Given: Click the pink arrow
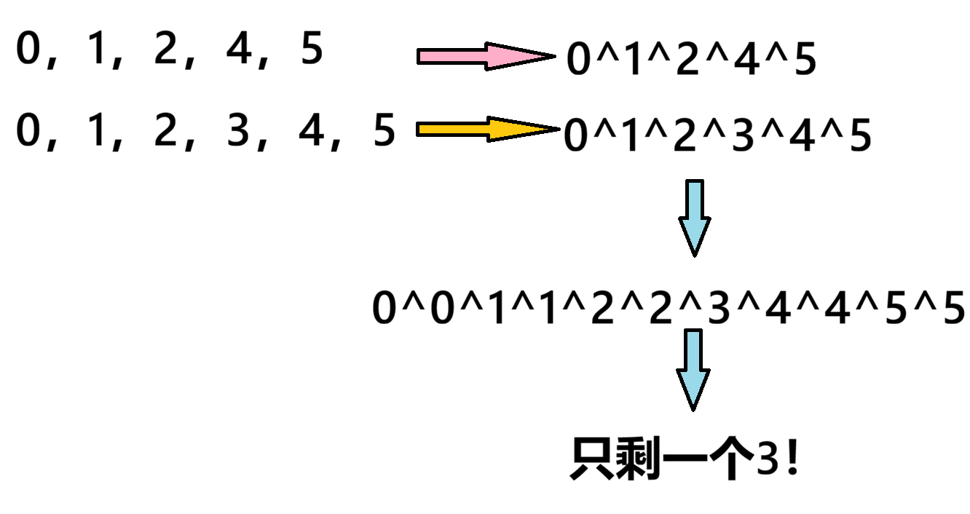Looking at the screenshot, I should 473,56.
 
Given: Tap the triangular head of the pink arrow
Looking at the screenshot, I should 510,56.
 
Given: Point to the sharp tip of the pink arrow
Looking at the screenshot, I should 543,56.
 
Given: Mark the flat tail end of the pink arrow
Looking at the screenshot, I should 422,56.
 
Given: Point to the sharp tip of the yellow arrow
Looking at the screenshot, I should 546,129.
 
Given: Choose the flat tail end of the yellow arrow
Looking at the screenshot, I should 421,129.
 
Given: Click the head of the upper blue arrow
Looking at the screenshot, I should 695,232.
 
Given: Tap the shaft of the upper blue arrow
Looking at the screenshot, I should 695,201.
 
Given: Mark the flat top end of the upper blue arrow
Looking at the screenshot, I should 695,184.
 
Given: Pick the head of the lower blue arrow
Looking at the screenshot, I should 693,384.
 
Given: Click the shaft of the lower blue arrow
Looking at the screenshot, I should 693,352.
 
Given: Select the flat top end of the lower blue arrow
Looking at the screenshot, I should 693,333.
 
